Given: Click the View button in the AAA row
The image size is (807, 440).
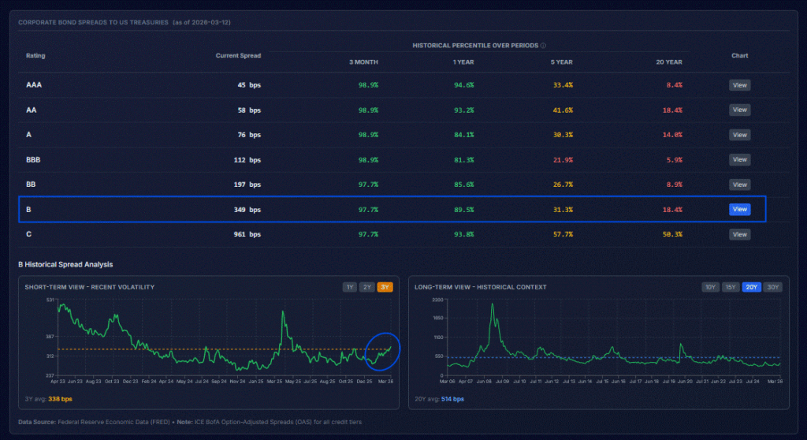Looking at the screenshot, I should [x=739, y=85].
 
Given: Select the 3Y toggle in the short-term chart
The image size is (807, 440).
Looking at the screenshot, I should [x=385, y=287].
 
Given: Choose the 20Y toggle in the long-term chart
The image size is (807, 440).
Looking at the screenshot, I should [x=752, y=287].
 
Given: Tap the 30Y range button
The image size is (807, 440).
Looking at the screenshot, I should [x=772, y=287].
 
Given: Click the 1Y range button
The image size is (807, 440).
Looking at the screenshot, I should [x=349, y=287].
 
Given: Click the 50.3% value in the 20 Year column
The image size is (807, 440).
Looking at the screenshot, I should [x=672, y=234].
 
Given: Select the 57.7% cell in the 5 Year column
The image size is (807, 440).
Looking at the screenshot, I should [x=562, y=234].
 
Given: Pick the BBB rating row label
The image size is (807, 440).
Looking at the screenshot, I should [x=32, y=159].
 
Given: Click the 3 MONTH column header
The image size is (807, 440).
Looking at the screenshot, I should [x=363, y=62].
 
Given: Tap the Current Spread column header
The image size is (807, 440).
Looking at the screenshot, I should [x=238, y=55].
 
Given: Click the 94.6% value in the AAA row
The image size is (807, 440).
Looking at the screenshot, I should [x=463, y=85].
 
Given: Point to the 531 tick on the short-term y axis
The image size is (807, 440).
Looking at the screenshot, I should [x=50, y=300].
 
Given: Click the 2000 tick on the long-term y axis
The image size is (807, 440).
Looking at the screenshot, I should [x=438, y=300].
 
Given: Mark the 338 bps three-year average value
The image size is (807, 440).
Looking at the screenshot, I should [x=61, y=399].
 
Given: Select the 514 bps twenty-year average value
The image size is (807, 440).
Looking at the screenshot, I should [x=452, y=399].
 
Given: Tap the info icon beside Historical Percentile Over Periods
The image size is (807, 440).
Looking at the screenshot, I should [x=544, y=46].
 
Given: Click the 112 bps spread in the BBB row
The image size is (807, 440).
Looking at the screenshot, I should [x=247, y=159].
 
